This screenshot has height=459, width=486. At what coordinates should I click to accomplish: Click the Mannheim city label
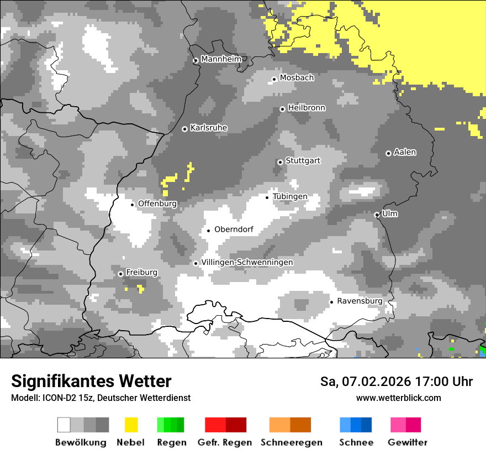221,59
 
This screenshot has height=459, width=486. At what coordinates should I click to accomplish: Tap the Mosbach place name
297,78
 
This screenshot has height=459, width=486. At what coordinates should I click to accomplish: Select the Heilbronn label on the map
307,108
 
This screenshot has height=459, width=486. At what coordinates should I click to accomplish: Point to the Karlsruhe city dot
185,129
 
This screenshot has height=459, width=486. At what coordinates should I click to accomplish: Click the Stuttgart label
303,161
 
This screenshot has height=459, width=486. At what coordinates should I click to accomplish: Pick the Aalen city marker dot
388,153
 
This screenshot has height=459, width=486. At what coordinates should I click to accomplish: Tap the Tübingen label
290,197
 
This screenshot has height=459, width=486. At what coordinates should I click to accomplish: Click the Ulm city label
390,214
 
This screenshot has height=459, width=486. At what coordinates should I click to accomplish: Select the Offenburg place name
157,204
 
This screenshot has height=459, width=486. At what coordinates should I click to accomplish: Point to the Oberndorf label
234,229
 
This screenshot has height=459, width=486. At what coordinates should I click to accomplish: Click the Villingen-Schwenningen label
247,262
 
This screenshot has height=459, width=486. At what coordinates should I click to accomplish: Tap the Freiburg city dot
120,274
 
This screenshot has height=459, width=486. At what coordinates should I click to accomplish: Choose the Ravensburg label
360,301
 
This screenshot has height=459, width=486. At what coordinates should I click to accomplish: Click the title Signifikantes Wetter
91,382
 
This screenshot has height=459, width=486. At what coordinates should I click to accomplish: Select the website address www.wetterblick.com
398,398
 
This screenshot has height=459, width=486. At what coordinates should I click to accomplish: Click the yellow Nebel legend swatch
131,425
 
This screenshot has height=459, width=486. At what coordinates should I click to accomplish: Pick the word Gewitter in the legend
408,442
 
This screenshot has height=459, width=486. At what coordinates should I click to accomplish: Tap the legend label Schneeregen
291,442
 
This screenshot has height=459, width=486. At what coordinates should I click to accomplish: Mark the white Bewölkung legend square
64,425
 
